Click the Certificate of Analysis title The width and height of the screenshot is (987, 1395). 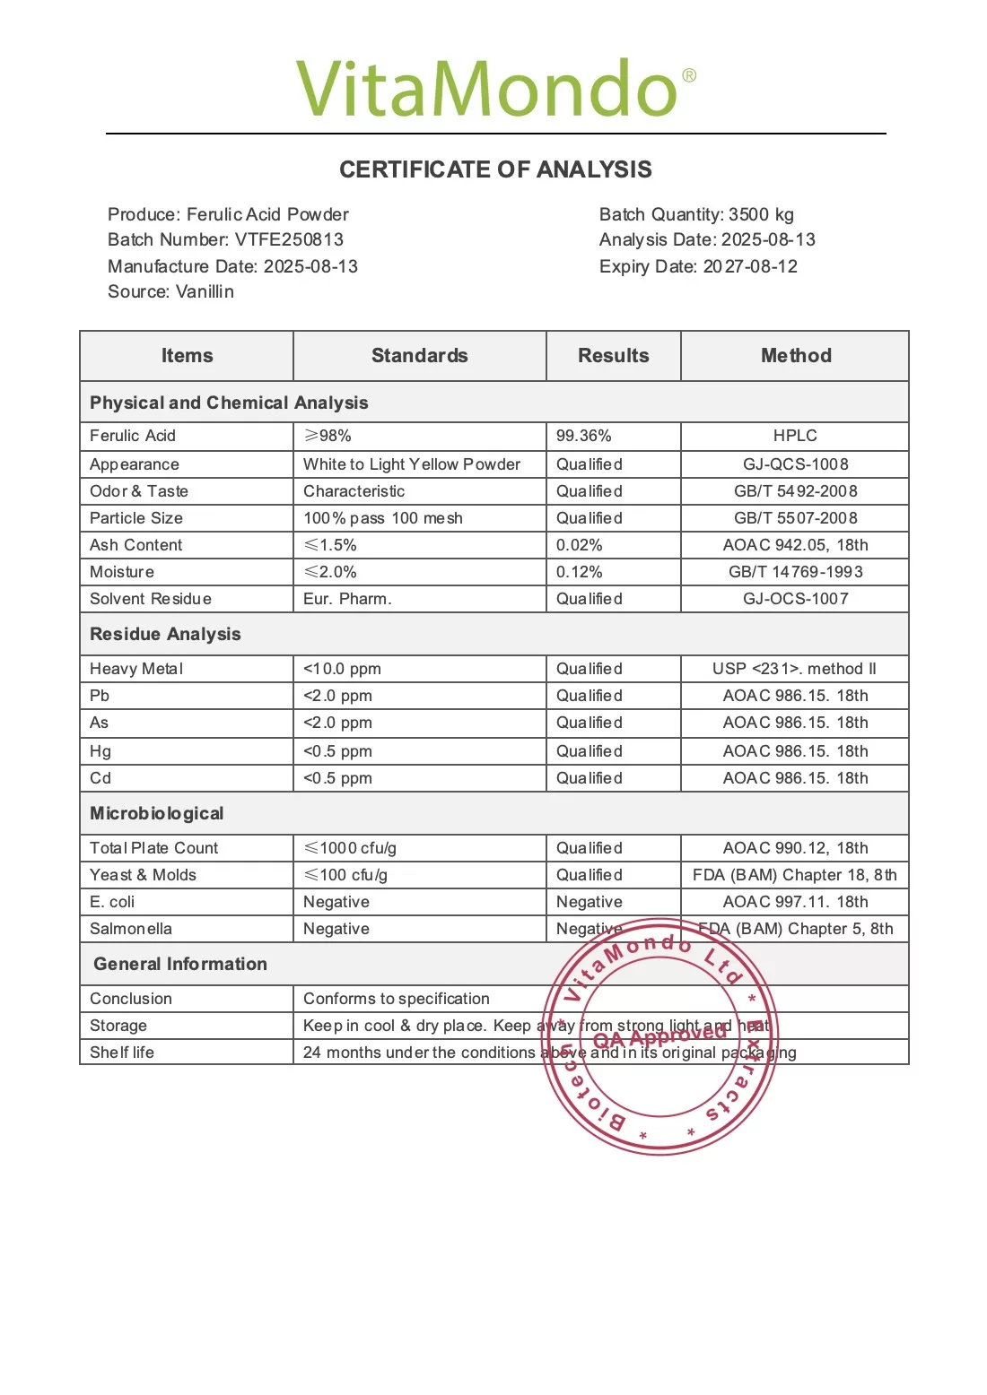coord(495,169)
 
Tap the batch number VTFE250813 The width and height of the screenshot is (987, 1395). coord(289,239)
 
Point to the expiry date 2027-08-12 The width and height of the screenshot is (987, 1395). coord(750,266)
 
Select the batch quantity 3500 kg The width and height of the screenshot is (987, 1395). coord(761,214)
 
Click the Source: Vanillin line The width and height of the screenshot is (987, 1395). coord(170,291)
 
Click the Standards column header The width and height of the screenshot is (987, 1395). coord(419,355)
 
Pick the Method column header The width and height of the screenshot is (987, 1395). coord(795,355)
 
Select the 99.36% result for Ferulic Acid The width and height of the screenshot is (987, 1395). coord(583,436)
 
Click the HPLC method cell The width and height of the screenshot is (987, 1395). coord(795,436)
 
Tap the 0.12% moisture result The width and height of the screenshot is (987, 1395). coord(579,572)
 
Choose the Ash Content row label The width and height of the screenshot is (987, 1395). coord(135,545)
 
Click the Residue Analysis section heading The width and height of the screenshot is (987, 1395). coord(165,634)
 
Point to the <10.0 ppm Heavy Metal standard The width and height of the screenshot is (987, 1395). coord(342,669)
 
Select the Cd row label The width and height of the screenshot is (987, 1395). coord(100,778)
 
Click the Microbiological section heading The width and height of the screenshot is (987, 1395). coord(156,813)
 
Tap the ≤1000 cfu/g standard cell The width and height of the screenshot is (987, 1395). coord(350,848)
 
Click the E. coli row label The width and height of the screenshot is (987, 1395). coord(112,902)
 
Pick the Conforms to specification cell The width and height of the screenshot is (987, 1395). coord(397,999)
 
